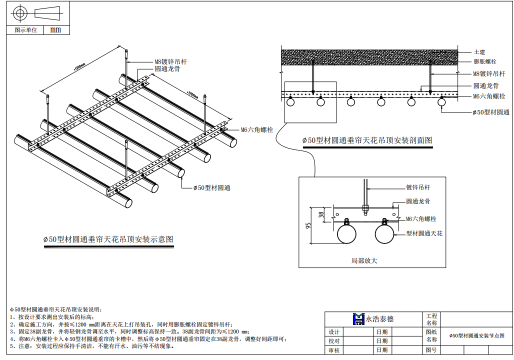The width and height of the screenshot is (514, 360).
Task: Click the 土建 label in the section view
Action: click(x=479, y=52)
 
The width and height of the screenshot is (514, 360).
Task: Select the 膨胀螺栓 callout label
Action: click(x=484, y=62)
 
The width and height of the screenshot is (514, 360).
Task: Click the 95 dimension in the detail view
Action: click(x=307, y=225)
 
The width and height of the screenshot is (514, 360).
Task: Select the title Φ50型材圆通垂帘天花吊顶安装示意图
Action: click(x=108, y=239)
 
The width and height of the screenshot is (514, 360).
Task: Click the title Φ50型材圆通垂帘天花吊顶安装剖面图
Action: click(x=367, y=140)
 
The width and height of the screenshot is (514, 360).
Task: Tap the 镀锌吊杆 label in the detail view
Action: click(x=418, y=187)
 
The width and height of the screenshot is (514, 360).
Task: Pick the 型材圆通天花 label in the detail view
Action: click(x=424, y=233)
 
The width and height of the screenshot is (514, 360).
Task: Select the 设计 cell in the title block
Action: click(x=334, y=332)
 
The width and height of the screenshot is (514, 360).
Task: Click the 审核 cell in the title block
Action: click(x=334, y=350)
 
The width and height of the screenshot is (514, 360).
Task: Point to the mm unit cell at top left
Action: click(x=55, y=30)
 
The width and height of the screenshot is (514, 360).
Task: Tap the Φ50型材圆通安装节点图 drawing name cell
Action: click(x=476, y=335)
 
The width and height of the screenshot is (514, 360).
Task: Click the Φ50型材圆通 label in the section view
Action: click(x=491, y=112)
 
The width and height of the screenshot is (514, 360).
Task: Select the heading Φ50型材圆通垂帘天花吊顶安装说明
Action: click(x=55, y=310)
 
